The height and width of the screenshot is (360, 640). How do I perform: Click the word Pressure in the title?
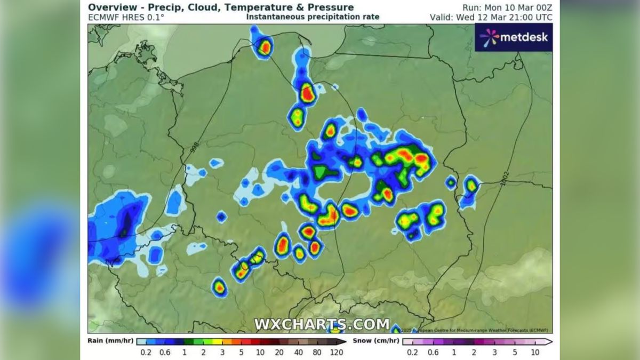pyautogui.click(x=331, y=7)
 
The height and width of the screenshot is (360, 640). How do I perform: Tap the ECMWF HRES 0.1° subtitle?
pyautogui.click(x=126, y=17)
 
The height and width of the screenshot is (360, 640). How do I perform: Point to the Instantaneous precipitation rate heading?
pyautogui.click(x=313, y=17)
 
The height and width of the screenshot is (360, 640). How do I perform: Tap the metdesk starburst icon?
pyautogui.click(x=489, y=37)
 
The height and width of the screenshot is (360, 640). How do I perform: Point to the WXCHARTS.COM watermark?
pyautogui.click(x=321, y=324)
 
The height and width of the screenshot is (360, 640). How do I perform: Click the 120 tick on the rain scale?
pyautogui.click(x=336, y=352)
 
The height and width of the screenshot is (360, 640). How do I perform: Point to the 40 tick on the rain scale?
pyautogui.click(x=298, y=352)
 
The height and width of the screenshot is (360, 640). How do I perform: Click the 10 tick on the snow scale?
pyautogui.click(x=535, y=352)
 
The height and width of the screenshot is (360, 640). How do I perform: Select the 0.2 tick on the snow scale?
pyautogui.click(x=412, y=352)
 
